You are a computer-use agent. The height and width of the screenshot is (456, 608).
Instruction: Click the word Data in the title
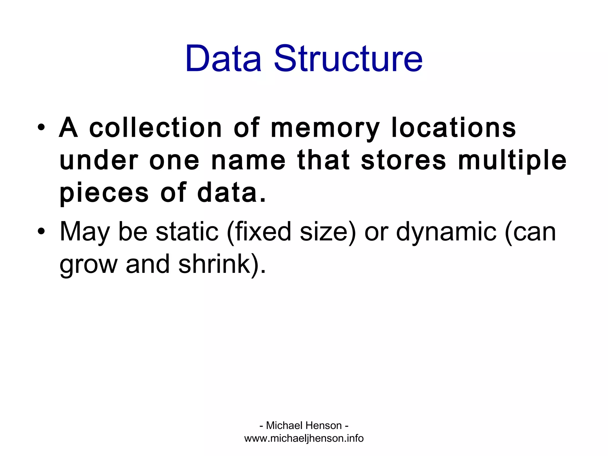pos(223,58)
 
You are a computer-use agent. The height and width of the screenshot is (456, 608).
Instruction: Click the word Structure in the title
pos(348,58)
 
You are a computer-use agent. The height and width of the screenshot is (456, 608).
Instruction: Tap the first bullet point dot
pos(41,128)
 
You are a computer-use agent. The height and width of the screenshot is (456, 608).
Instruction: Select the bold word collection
pos(156,128)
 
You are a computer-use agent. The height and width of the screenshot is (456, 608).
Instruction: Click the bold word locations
pos(454,128)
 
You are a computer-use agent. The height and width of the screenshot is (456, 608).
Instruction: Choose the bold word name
pos(248,161)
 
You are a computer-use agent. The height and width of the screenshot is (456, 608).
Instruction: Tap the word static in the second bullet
pos(187,232)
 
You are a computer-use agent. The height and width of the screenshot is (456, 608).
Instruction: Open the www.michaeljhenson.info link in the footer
pos(304,438)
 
